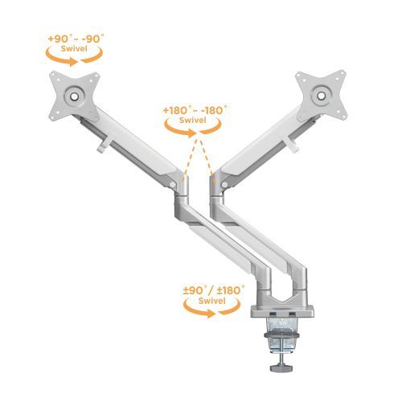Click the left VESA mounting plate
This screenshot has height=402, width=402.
(72, 94)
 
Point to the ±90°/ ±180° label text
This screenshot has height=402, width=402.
(212, 290)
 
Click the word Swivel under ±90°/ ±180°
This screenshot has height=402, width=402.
(212, 301)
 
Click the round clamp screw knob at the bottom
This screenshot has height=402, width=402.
(281, 367)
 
